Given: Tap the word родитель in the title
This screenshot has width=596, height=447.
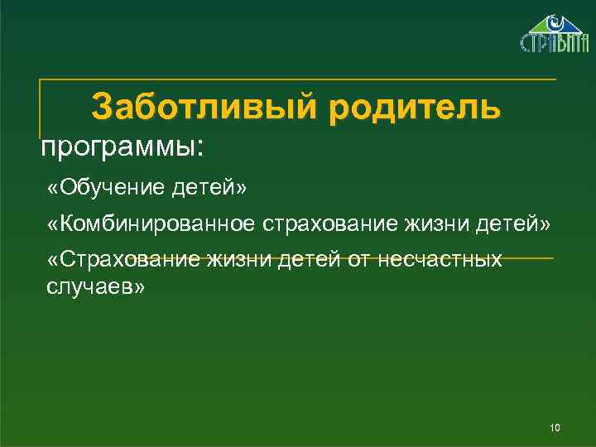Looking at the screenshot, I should [x=414, y=108].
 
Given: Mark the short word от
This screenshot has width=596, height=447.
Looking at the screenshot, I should [x=356, y=260].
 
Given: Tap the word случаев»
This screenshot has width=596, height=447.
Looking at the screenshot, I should [x=93, y=286].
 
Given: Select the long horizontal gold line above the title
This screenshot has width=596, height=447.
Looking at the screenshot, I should [x=298, y=79].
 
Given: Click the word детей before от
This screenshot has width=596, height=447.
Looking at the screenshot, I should [x=306, y=260].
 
